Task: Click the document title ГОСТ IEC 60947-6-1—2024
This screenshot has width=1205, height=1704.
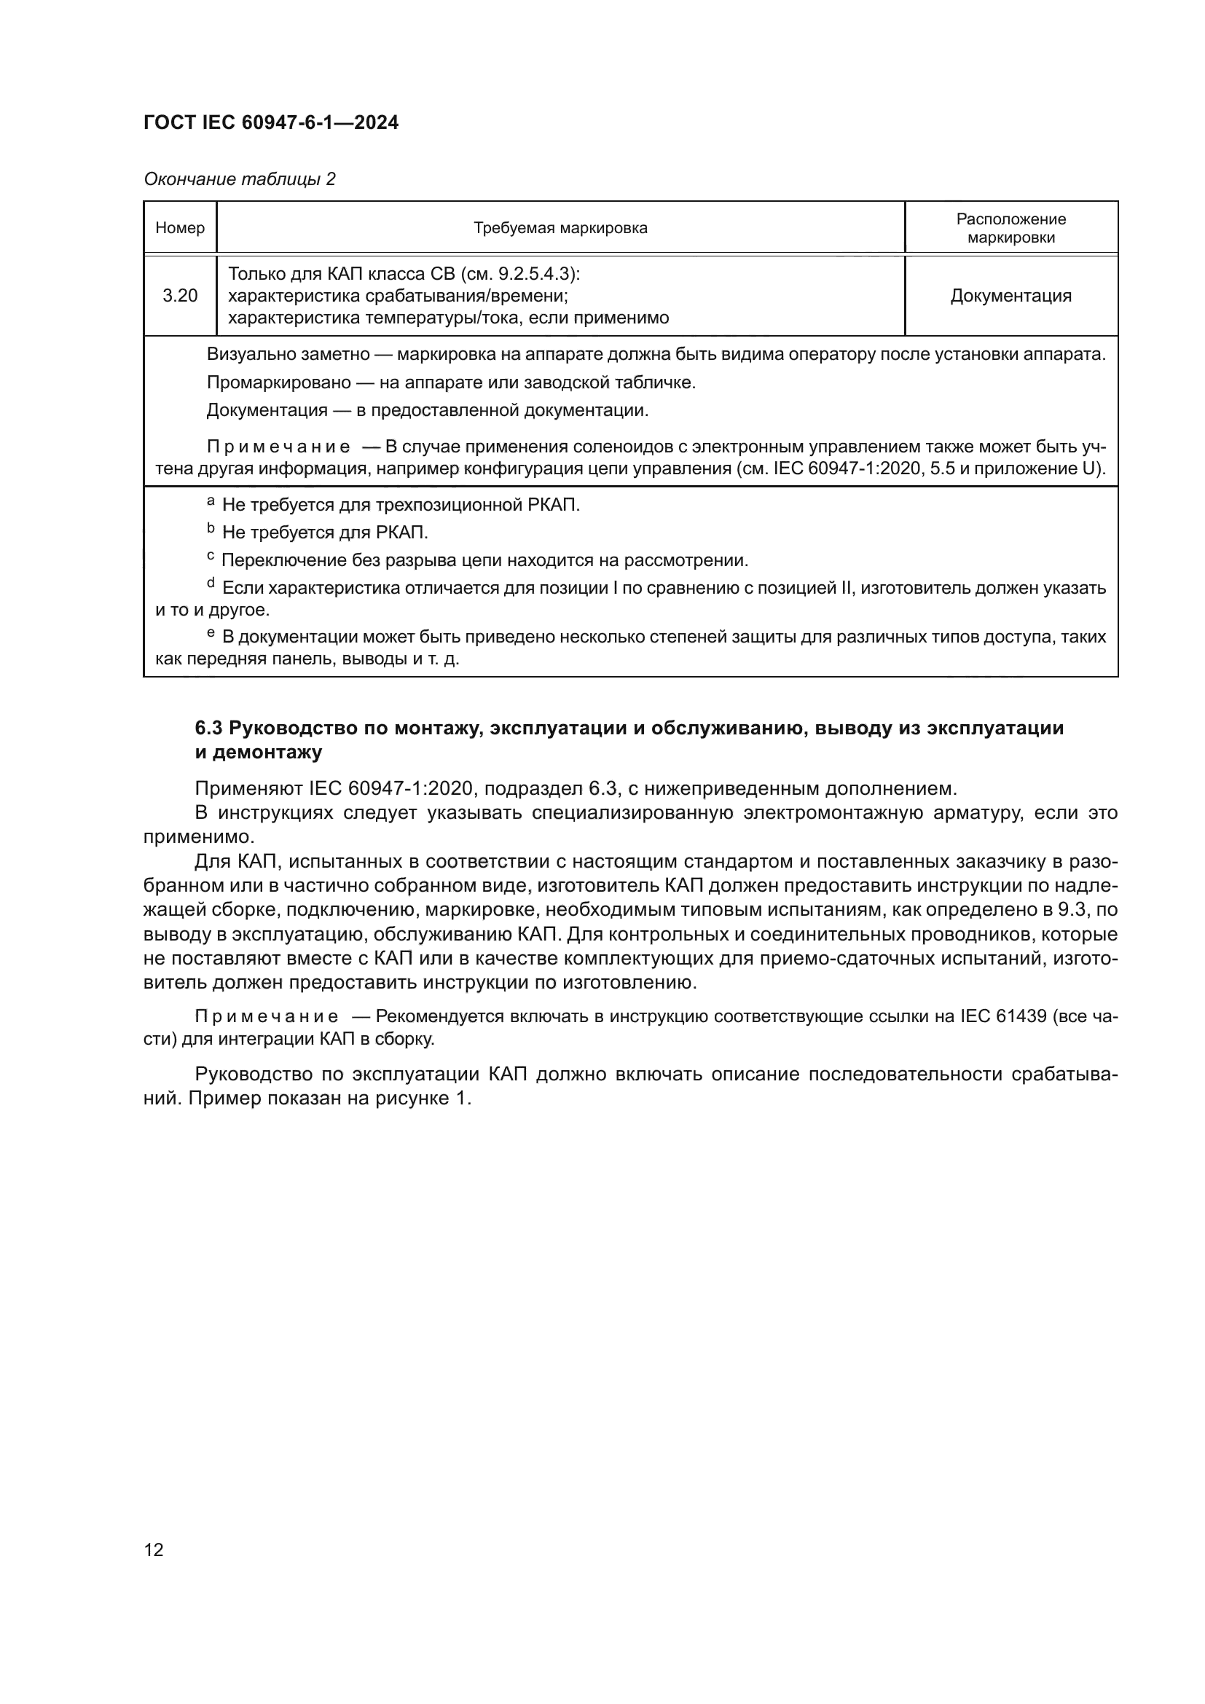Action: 271,122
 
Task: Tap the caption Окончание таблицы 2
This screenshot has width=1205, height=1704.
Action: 240,179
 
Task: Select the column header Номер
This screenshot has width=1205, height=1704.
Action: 180,228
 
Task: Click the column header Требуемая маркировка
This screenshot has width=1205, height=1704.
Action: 560,228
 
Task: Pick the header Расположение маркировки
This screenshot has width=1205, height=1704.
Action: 1010,228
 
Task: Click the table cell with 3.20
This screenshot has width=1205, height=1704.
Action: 180,295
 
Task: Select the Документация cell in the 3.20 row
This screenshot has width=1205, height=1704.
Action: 1010,295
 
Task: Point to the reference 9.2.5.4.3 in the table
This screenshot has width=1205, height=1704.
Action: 536,274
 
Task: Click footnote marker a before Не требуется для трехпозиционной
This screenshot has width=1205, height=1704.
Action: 211,503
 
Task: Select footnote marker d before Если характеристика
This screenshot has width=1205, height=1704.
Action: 211,584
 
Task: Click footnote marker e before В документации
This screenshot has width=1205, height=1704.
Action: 211,633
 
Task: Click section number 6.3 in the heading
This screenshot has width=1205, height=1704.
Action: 208,728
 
